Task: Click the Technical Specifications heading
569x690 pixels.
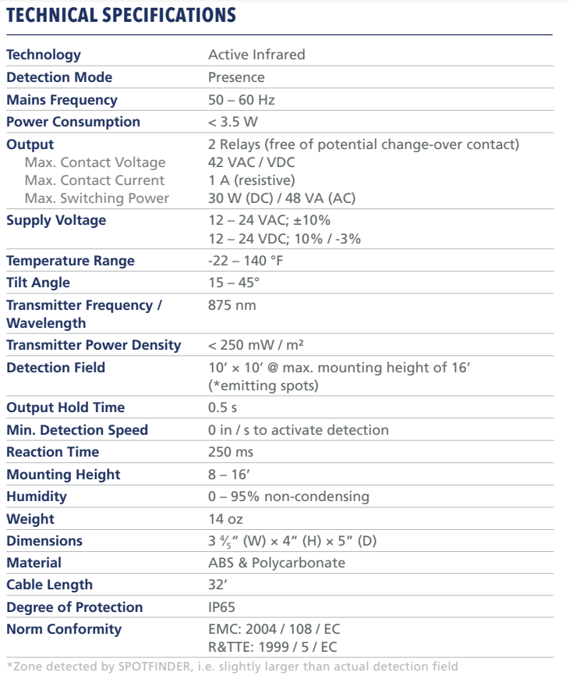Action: pos(120,15)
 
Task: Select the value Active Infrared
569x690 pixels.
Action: pos(256,55)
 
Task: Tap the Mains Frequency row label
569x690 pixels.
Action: pos(62,100)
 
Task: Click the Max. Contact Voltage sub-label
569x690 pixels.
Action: pos(95,162)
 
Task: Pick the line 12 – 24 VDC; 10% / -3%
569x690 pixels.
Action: pos(283,238)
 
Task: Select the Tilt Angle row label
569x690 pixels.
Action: pos(37,283)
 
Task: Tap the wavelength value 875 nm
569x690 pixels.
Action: pos(231,305)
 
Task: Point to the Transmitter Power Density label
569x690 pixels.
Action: pos(94,345)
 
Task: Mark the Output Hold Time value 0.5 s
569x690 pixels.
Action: pos(223,407)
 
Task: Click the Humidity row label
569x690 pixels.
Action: pos(36,496)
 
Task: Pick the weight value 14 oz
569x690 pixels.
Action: pos(225,518)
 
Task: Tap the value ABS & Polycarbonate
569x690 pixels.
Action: pos(276,563)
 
